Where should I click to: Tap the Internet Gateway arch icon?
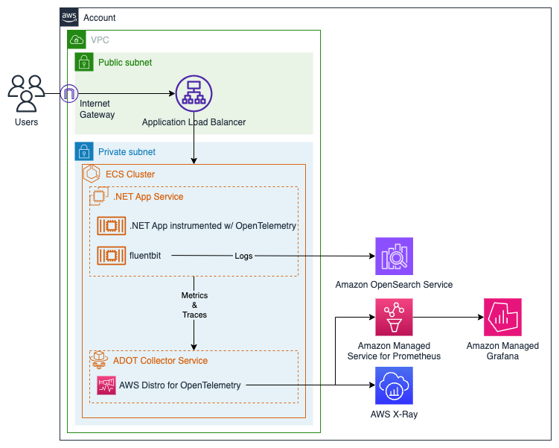click(x=68, y=93)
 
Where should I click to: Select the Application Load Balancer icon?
click(x=194, y=93)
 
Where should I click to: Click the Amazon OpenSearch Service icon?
click(x=394, y=256)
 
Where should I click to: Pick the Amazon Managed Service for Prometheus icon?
click(x=394, y=318)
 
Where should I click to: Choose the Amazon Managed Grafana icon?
click(x=502, y=318)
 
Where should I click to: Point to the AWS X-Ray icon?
click(x=394, y=385)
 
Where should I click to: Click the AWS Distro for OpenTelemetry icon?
click(x=106, y=385)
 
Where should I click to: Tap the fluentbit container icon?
click(x=112, y=256)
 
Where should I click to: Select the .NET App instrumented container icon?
click(x=112, y=226)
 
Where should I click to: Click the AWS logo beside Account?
click(x=69, y=17)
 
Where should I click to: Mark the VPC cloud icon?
click(x=76, y=40)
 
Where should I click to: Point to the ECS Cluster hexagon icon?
click(x=92, y=174)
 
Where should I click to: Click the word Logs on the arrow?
click(x=243, y=256)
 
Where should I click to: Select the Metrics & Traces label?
click(x=194, y=305)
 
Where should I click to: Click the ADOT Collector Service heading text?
click(x=160, y=361)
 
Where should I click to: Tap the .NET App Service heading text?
click(x=148, y=197)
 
